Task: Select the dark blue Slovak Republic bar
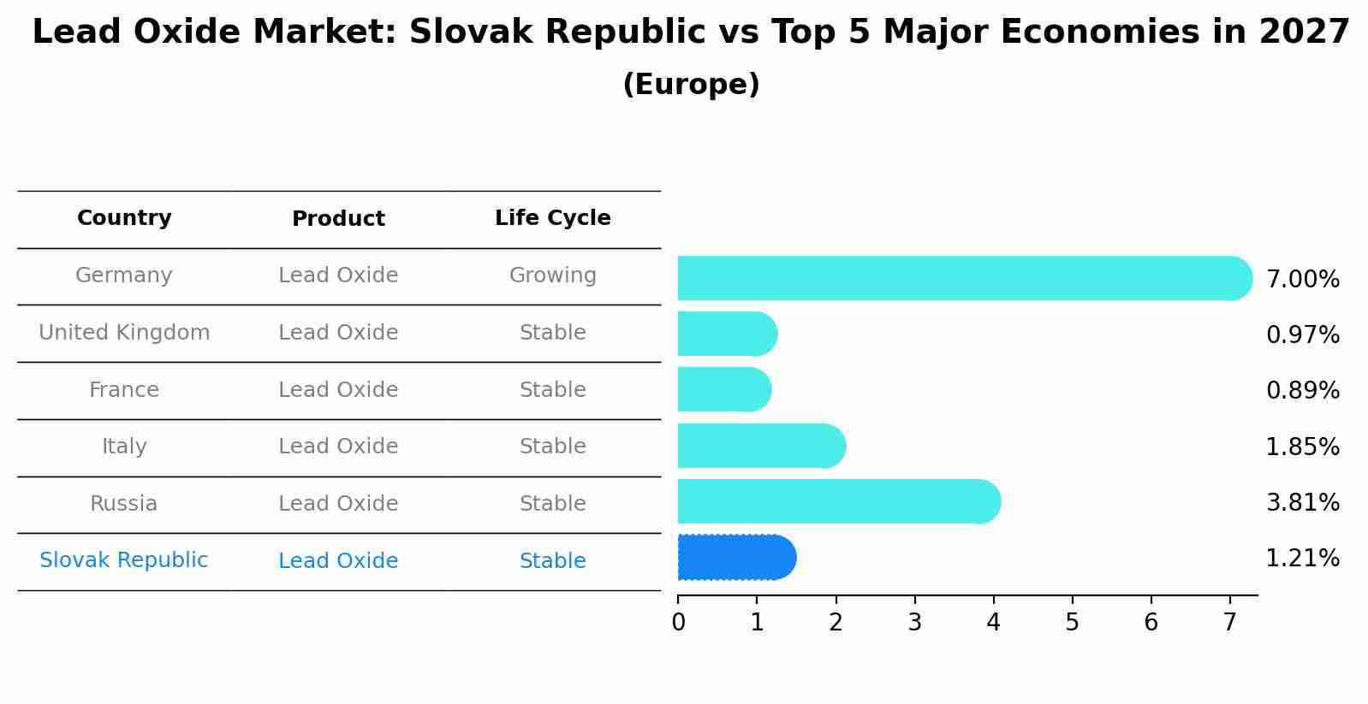(736, 558)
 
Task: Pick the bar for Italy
(761, 446)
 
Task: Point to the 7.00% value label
(1302, 280)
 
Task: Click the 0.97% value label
(1302, 335)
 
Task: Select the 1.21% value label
(1302, 559)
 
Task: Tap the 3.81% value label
(1302, 502)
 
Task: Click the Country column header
(124, 218)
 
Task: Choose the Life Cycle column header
(552, 218)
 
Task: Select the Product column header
(338, 219)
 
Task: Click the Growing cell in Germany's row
(552, 275)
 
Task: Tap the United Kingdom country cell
(124, 333)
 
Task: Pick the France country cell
(124, 390)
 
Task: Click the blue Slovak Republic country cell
(124, 560)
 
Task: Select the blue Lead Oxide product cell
(338, 561)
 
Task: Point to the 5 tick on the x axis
(1072, 622)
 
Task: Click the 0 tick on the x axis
(678, 622)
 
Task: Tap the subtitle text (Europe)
(691, 85)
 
